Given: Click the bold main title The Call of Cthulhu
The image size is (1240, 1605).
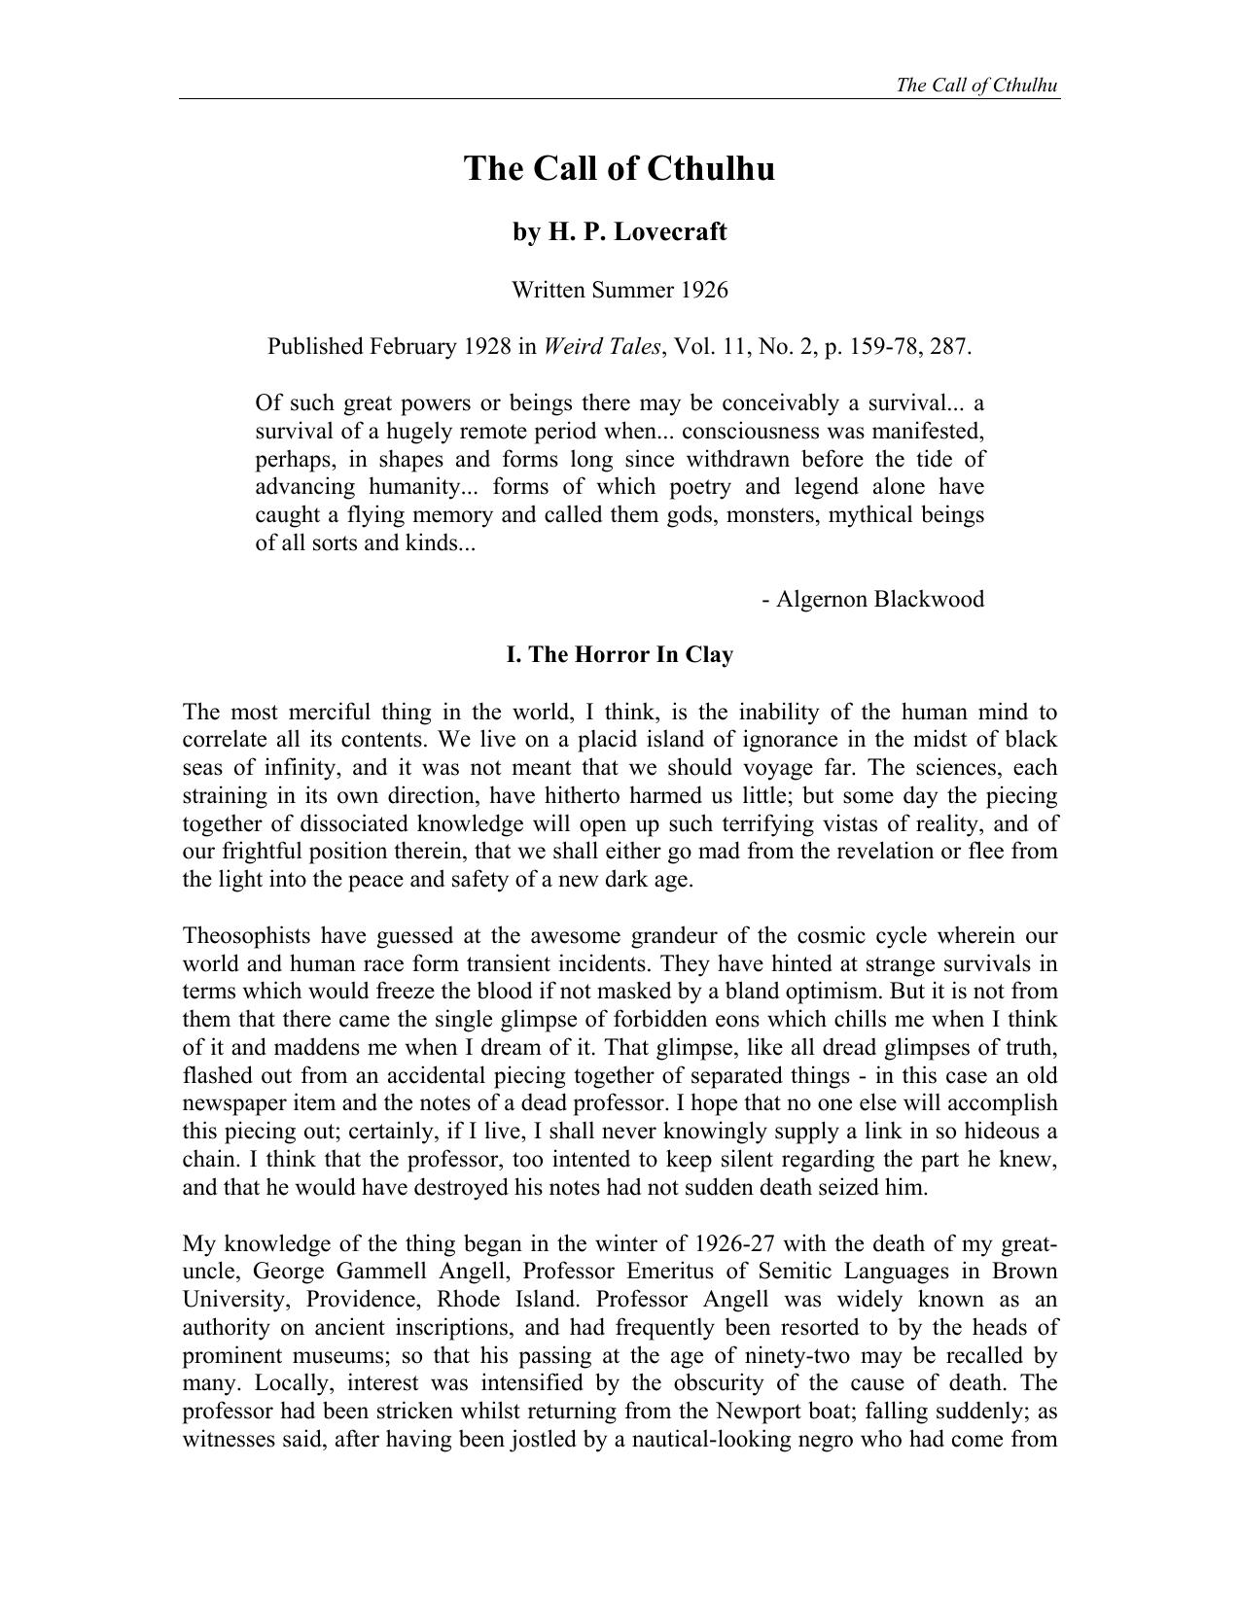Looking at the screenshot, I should coord(619,168).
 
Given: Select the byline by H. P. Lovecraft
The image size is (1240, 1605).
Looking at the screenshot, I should coord(619,232).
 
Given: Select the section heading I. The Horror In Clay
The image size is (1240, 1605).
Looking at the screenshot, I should coord(619,655).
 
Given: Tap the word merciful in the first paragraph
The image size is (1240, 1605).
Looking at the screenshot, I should coord(326,712).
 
